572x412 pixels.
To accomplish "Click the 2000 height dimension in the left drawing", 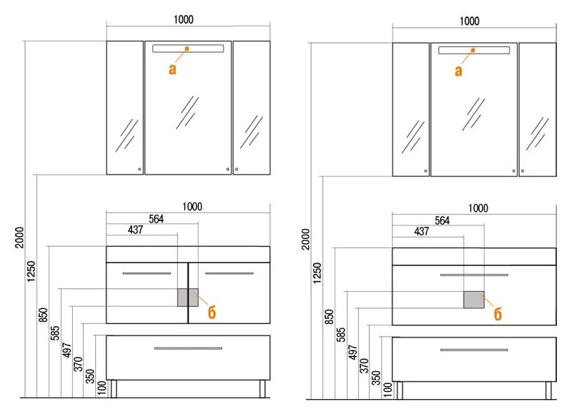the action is (x=19, y=237).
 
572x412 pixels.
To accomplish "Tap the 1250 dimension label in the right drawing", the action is (x=317, y=273).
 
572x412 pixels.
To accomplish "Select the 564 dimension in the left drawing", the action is (x=156, y=219).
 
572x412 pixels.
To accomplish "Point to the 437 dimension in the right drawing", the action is (x=421, y=231).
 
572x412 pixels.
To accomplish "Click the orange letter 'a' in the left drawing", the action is (x=172, y=69).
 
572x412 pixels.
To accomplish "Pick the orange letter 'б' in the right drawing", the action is (x=498, y=314).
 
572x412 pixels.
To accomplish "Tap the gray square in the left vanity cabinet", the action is (x=188, y=298).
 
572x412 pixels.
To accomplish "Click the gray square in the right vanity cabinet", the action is (x=474, y=300).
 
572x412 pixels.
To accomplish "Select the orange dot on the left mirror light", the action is (x=187, y=49).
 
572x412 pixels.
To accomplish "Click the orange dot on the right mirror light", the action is (x=473, y=50).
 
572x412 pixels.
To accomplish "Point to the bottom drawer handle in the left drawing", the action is (x=188, y=348).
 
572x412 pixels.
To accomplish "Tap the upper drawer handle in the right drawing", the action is (x=474, y=275).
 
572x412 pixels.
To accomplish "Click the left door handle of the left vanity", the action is (x=147, y=273).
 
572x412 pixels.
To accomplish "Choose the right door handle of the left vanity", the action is (x=229, y=273).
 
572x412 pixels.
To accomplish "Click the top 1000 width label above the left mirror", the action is (x=184, y=20).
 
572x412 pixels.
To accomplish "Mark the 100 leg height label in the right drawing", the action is (x=388, y=389).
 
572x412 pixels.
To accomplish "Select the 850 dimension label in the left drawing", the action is (x=43, y=315).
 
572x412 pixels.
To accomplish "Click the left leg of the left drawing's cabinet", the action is (x=114, y=388).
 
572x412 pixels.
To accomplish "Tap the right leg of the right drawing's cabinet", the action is (x=548, y=390).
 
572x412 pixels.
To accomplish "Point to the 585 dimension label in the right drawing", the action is (x=341, y=334).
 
